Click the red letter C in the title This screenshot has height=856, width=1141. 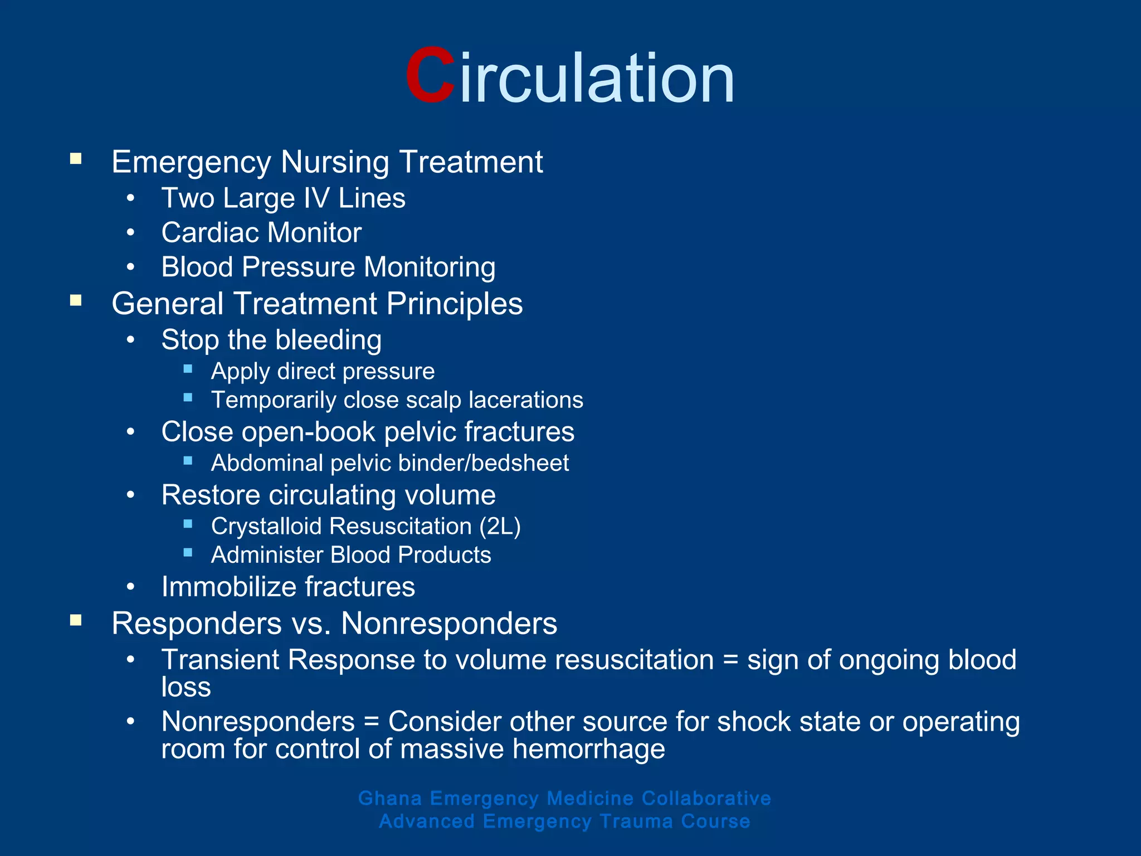click(x=430, y=76)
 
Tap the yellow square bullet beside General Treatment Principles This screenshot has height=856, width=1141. click(x=76, y=301)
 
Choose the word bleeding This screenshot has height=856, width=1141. click(x=328, y=340)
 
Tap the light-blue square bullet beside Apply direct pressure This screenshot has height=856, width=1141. click(x=188, y=369)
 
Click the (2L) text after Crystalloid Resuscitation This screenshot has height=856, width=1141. click(x=500, y=527)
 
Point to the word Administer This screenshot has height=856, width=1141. click(x=267, y=555)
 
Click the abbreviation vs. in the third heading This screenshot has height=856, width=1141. click(x=311, y=624)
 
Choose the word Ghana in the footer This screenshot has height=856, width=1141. click(x=390, y=798)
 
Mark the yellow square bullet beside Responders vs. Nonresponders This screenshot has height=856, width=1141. click(x=76, y=620)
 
